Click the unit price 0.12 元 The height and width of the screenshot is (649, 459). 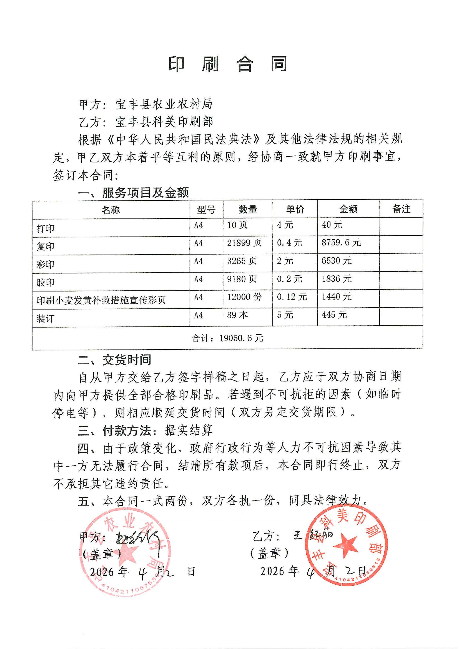coord(292,297)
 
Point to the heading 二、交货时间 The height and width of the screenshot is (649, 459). coord(114,360)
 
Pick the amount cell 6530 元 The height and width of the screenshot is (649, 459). coord(336,261)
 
